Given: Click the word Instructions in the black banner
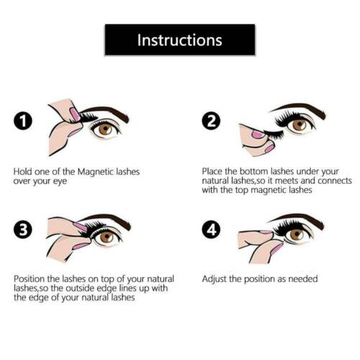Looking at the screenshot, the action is (x=180, y=40).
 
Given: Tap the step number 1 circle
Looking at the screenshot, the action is (x=23, y=121).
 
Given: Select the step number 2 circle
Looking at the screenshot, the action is (x=211, y=121).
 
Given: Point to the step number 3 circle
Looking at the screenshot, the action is (x=23, y=230).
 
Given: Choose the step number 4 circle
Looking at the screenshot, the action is (x=211, y=230).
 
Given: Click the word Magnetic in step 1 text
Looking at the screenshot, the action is (x=96, y=172).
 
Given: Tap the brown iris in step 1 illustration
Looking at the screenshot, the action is (x=105, y=129).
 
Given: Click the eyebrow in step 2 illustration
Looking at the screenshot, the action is (x=297, y=109).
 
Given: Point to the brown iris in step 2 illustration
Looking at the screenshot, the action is (x=300, y=125).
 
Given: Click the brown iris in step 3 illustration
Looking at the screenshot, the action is (x=107, y=237).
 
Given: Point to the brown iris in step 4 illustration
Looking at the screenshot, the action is (x=297, y=234).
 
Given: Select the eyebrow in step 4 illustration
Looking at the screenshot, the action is (x=297, y=220).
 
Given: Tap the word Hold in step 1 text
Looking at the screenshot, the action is (x=22, y=172).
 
